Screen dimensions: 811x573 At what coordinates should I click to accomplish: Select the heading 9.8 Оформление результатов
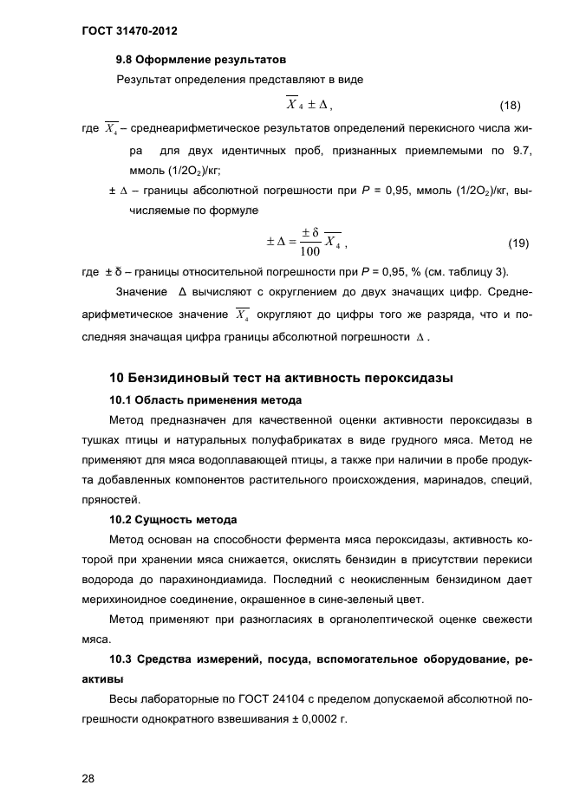tap(201, 61)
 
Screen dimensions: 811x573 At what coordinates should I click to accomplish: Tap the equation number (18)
tap(510, 106)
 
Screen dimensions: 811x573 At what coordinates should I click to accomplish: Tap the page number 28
tap(88, 779)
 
